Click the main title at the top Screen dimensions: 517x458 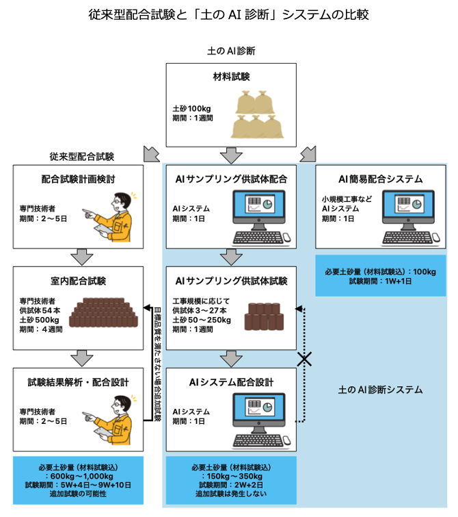click(229, 14)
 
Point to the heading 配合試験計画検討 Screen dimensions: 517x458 click(78, 179)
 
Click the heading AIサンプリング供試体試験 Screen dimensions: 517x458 click(231, 281)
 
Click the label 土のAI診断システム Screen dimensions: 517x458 click(381, 390)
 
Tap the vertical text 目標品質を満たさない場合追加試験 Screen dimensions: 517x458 click(157, 357)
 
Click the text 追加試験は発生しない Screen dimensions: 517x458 click(231, 494)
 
